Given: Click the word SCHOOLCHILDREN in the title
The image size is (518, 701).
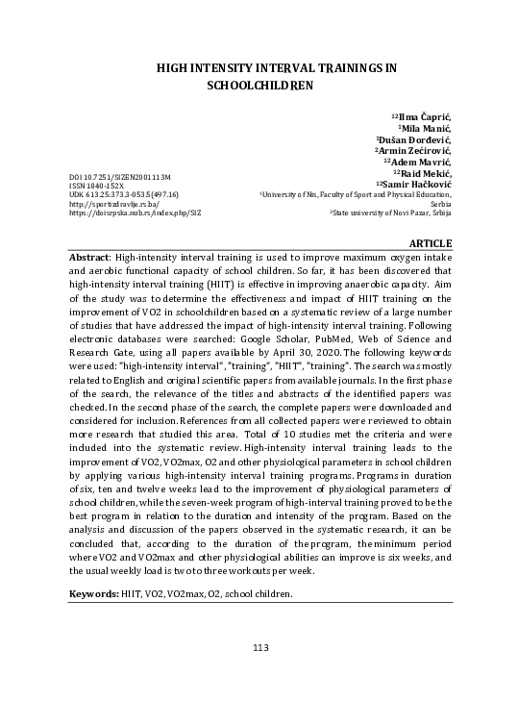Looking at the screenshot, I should coord(261,85).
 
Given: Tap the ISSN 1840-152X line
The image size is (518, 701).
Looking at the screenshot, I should coord(97,187).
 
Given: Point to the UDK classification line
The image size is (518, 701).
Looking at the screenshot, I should coord(124,195).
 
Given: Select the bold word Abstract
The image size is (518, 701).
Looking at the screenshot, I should coord(88,259).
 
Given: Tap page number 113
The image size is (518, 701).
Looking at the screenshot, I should coord(259,647).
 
